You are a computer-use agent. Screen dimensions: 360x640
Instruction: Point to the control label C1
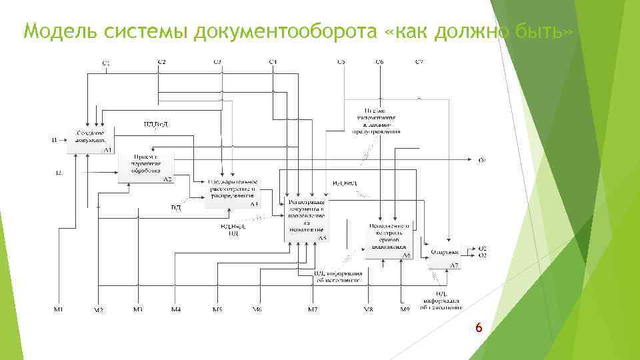tap(105, 63)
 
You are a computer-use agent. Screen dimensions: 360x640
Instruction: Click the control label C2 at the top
tap(161, 62)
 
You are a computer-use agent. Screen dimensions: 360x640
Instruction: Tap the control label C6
tap(379, 62)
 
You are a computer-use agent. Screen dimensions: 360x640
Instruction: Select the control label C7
tap(419, 62)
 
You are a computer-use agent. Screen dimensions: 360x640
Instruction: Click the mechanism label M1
tap(59, 309)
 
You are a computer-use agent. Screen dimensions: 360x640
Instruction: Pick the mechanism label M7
tap(312, 309)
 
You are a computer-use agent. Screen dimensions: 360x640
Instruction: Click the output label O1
tap(482, 160)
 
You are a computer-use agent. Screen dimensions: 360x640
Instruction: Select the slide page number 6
tap(477, 327)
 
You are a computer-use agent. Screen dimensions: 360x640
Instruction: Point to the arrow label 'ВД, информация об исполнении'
tap(338, 277)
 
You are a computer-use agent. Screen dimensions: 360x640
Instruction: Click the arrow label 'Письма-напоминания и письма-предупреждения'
tap(375, 121)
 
